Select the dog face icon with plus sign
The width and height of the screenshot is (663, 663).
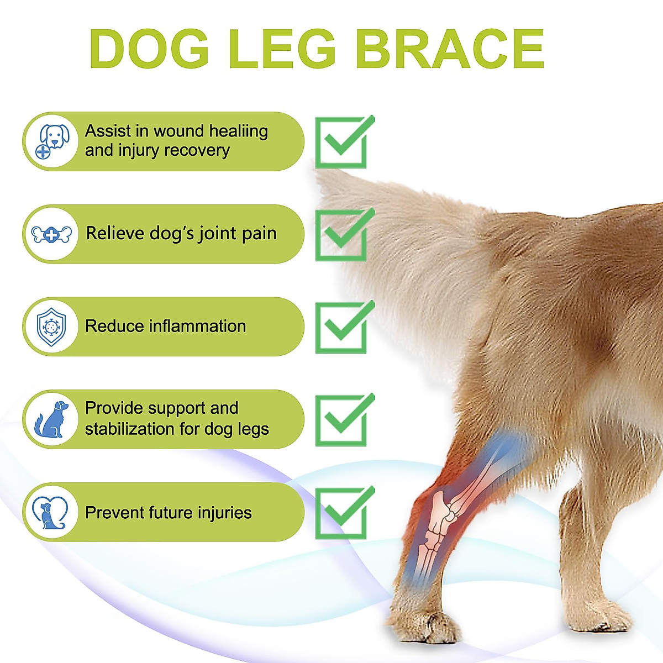pyautogui.click(x=52, y=141)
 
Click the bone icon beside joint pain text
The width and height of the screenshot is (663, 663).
pyautogui.click(x=52, y=235)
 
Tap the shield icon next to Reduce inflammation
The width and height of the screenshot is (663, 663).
pyautogui.click(x=51, y=327)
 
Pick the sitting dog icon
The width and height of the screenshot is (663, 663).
pyautogui.click(x=52, y=419)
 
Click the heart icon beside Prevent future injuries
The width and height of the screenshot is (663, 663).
pyautogui.click(x=50, y=512)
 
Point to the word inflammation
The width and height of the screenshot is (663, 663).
pyautogui.click(x=197, y=326)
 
